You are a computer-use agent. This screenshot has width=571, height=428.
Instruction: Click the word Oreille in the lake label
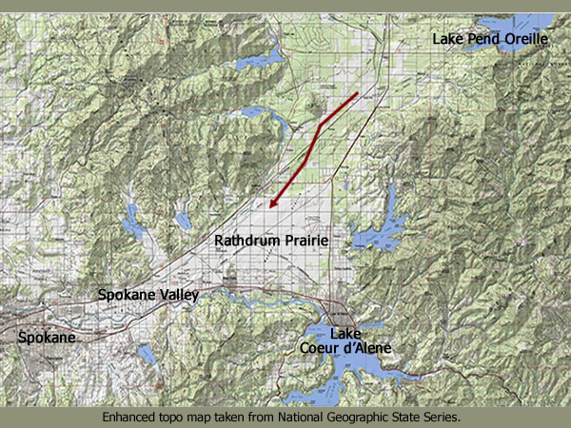(521, 39)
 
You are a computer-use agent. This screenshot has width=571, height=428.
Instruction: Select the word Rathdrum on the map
(246, 242)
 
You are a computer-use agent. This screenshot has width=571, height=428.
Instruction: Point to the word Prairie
(305, 242)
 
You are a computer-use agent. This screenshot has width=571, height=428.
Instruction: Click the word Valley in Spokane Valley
(177, 296)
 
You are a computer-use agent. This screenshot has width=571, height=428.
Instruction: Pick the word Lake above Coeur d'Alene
(345, 333)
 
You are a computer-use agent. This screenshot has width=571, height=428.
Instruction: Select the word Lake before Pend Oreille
(447, 39)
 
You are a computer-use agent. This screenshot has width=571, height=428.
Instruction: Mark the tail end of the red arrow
(357, 94)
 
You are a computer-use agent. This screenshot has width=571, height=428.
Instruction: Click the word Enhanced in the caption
(130, 417)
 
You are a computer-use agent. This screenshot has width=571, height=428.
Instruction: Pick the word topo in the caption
(174, 417)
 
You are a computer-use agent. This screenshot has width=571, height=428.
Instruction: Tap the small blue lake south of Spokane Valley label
(147, 355)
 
